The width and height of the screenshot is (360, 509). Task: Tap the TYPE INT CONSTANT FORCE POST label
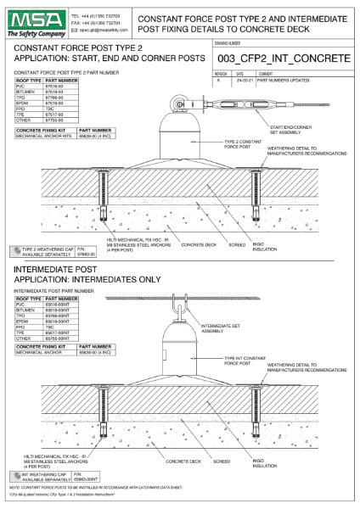(x=250, y=361)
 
